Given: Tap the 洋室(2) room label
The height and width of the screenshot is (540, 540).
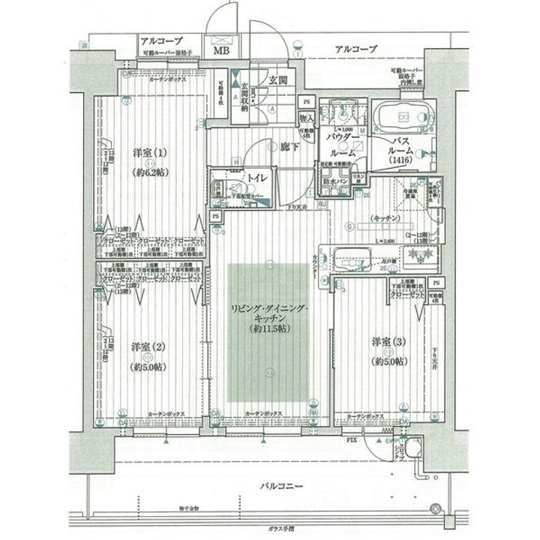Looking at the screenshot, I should [146, 346].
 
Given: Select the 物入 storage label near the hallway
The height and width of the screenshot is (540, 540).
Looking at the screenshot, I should [306, 118].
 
